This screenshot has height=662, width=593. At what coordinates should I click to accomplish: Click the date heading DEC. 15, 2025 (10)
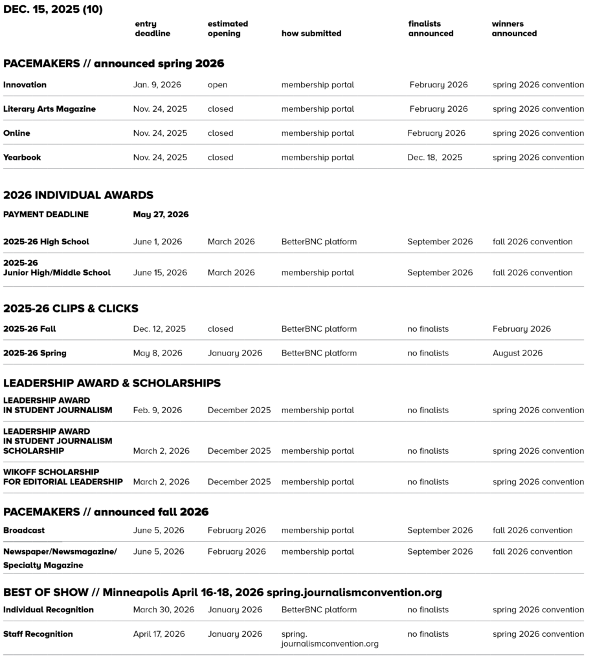[x=52, y=9]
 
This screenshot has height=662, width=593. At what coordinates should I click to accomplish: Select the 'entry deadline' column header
[x=152, y=28]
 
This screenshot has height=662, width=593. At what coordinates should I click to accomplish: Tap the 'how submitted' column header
[x=311, y=33]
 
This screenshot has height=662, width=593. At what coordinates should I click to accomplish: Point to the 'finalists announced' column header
[x=431, y=28]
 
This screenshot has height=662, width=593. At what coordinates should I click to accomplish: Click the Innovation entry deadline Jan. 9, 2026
[x=157, y=85]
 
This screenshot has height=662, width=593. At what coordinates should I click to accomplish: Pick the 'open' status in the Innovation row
[x=218, y=85]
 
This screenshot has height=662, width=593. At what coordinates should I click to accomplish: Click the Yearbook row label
[x=22, y=157]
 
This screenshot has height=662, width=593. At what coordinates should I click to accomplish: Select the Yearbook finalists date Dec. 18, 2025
[x=435, y=157]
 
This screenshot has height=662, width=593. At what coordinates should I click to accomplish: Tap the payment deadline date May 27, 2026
[x=161, y=214]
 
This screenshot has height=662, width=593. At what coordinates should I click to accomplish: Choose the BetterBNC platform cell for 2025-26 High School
[x=319, y=242]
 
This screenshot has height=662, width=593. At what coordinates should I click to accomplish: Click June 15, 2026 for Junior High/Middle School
[x=160, y=273]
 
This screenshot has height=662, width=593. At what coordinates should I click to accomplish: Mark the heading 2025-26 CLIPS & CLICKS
[x=71, y=308]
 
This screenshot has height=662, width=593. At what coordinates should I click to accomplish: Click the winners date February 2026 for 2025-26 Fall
[x=522, y=328]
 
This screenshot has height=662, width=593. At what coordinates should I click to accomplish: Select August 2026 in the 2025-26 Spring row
[x=517, y=353]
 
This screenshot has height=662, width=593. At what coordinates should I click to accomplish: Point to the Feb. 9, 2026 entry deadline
[x=157, y=410]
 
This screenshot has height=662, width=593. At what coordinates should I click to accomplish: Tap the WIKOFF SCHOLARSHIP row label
[x=63, y=477]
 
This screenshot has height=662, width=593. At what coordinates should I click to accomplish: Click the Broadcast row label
[x=24, y=530]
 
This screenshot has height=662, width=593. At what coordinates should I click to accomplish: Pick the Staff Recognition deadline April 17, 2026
[x=159, y=634]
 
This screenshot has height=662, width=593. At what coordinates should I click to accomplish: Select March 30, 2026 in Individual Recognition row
[x=164, y=610]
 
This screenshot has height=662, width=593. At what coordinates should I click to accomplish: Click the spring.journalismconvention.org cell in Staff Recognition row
[x=330, y=639]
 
